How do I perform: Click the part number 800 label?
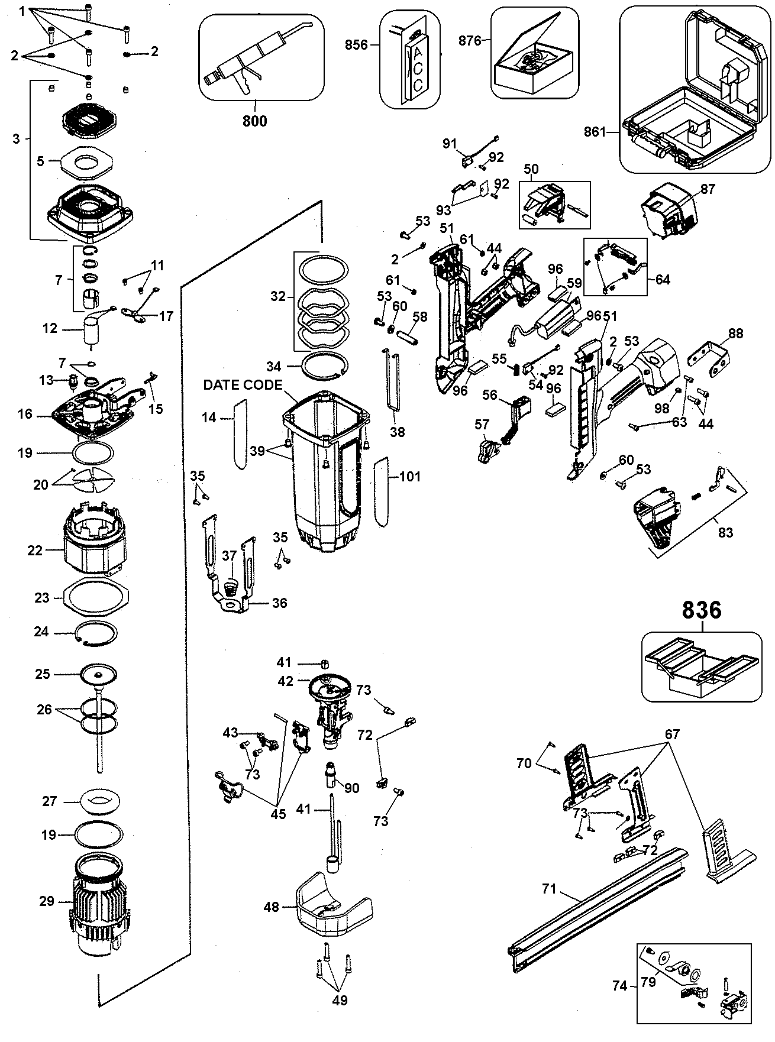pyautogui.click(x=254, y=121)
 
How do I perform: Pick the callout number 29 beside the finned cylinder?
pyautogui.click(x=47, y=901)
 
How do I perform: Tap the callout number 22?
pyautogui.click(x=35, y=551)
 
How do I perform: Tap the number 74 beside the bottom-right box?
pyautogui.click(x=620, y=986)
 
